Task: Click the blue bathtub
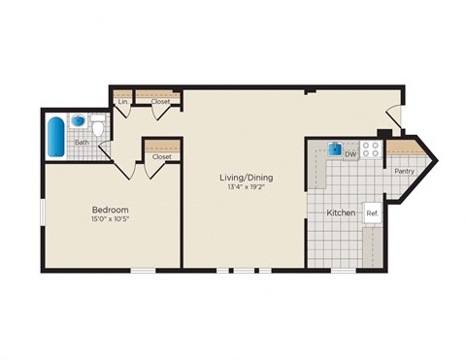(56, 136)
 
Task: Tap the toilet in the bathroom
(98, 127)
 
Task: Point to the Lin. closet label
(123, 100)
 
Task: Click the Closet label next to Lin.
(161, 100)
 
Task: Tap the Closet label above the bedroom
(162, 156)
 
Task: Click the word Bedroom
(111, 210)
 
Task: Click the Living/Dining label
(246, 178)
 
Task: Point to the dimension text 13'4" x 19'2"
(246, 189)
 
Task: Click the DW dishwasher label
(351, 153)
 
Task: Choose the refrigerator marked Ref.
(372, 213)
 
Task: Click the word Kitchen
(340, 212)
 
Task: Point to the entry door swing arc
(393, 113)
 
